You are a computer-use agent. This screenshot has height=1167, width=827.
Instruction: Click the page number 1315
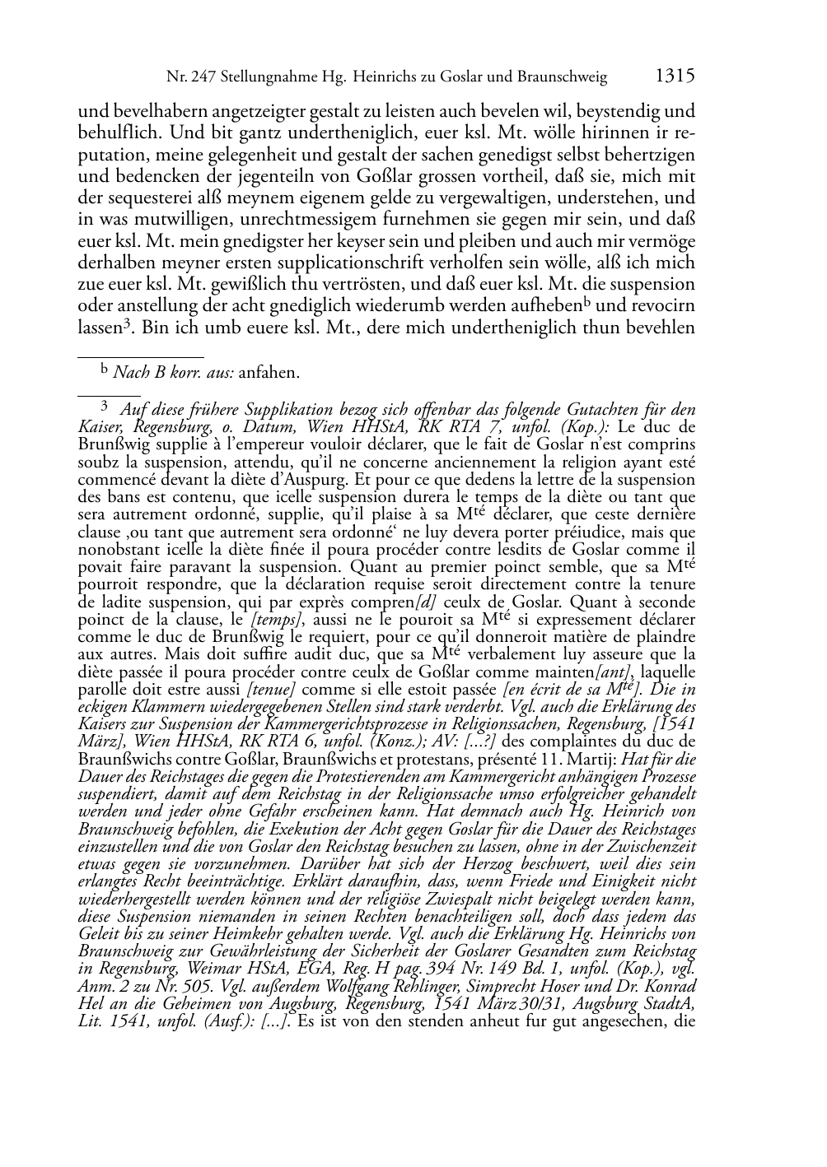(x=675, y=77)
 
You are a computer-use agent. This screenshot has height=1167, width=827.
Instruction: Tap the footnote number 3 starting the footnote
(x=105, y=406)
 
